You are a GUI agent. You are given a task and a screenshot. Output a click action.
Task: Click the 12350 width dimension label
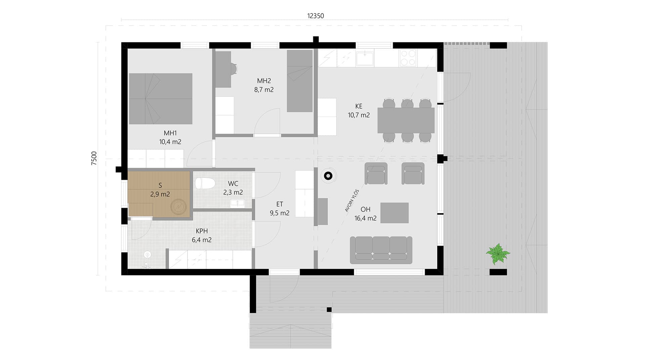tap(315, 16)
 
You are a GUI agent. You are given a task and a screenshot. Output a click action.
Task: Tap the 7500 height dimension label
tap(94, 158)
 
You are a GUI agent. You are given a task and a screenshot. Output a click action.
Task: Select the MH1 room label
tap(170, 133)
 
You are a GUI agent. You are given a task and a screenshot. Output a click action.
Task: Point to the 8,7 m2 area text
tap(264, 90)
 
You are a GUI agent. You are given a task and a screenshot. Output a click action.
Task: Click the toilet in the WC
tap(205, 183)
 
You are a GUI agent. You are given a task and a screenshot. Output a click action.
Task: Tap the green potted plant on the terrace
tap(498, 254)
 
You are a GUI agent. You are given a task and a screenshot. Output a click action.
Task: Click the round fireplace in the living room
tap(328, 175)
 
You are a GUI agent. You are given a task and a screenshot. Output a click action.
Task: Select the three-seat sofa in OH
tap(381, 250)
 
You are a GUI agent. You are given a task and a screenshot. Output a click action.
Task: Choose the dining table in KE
tap(406, 120)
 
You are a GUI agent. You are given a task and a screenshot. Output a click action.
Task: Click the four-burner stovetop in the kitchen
tap(408, 57)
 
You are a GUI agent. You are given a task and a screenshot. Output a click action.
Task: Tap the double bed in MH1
tap(161, 99)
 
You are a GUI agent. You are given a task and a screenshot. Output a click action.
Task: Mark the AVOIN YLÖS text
tap(352, 201)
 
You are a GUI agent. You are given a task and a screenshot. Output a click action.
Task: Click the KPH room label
tap(202, 231)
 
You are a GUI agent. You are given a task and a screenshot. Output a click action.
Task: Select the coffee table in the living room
tap(394, 213)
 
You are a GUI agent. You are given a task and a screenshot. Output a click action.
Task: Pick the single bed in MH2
tap(300, 81)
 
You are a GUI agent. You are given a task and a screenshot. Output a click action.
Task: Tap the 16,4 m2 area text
tap(365, 218)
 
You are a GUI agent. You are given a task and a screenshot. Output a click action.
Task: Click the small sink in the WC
tap(238, 202)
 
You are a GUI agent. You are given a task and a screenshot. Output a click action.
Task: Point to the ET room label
tap(279, 204)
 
